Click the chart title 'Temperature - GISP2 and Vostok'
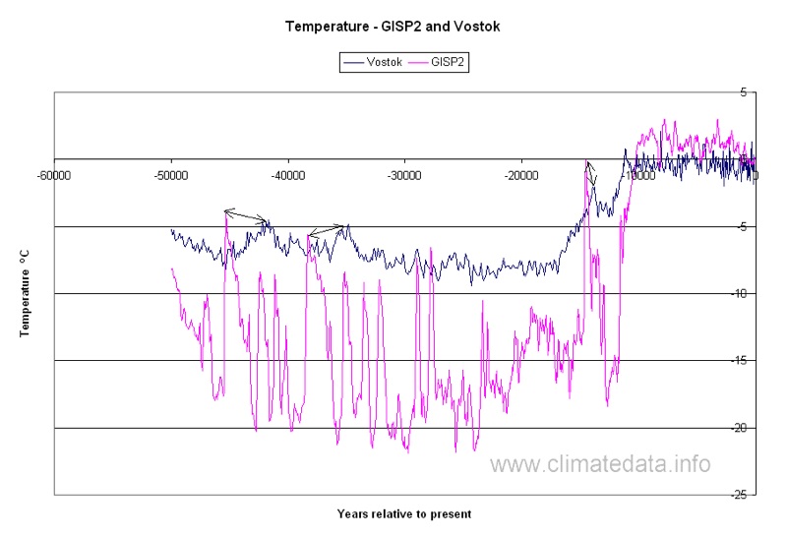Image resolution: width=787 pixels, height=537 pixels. click(x=393, y=26)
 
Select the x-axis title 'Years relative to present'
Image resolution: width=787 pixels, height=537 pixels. click(x=403, y=513)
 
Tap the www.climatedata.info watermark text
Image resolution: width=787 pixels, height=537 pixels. click(x=600, y=463)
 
